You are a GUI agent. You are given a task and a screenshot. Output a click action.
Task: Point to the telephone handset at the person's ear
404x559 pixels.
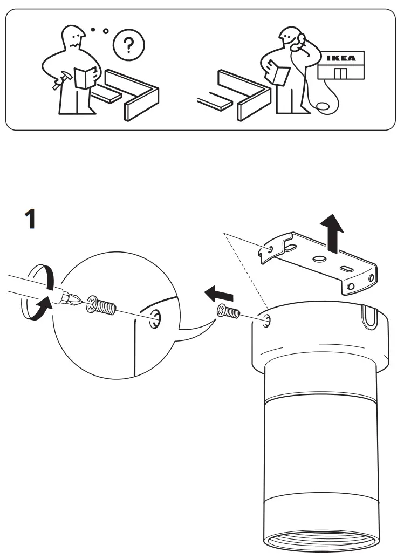(x=300, y=40)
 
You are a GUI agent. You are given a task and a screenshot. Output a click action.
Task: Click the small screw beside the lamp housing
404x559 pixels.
(x=227, y=312)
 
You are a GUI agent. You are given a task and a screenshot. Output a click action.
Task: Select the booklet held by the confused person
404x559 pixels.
(x=85, y=77)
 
